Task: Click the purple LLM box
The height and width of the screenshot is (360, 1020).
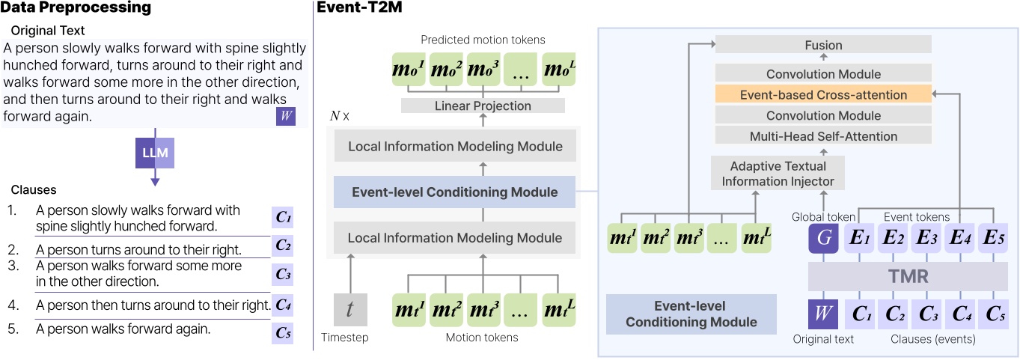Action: pyautogui.click(x=156, y=155)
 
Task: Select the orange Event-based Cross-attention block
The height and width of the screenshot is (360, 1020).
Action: pyautogui.click(x=823, y=95)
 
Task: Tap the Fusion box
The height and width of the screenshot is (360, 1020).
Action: pyautogui.click(x=823, y=45)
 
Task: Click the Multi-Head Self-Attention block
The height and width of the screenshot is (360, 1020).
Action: pyautogui.click(x=823, y=135)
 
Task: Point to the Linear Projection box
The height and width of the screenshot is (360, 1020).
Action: pyautogui.click(x=483, y=106)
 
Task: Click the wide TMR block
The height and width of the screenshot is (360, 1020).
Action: pyautogui.click(x=908, y=276)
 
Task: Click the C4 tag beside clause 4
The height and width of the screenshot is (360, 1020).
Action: pyautogui.click(x=283, y=305)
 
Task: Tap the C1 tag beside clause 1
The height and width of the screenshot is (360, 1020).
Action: pyautogui.click(x=283, y=218)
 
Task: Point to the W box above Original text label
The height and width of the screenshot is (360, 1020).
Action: pyautogui.click(x=824, y=313)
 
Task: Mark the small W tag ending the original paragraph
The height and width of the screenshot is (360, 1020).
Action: pyautogui.click(x=285, y=116)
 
